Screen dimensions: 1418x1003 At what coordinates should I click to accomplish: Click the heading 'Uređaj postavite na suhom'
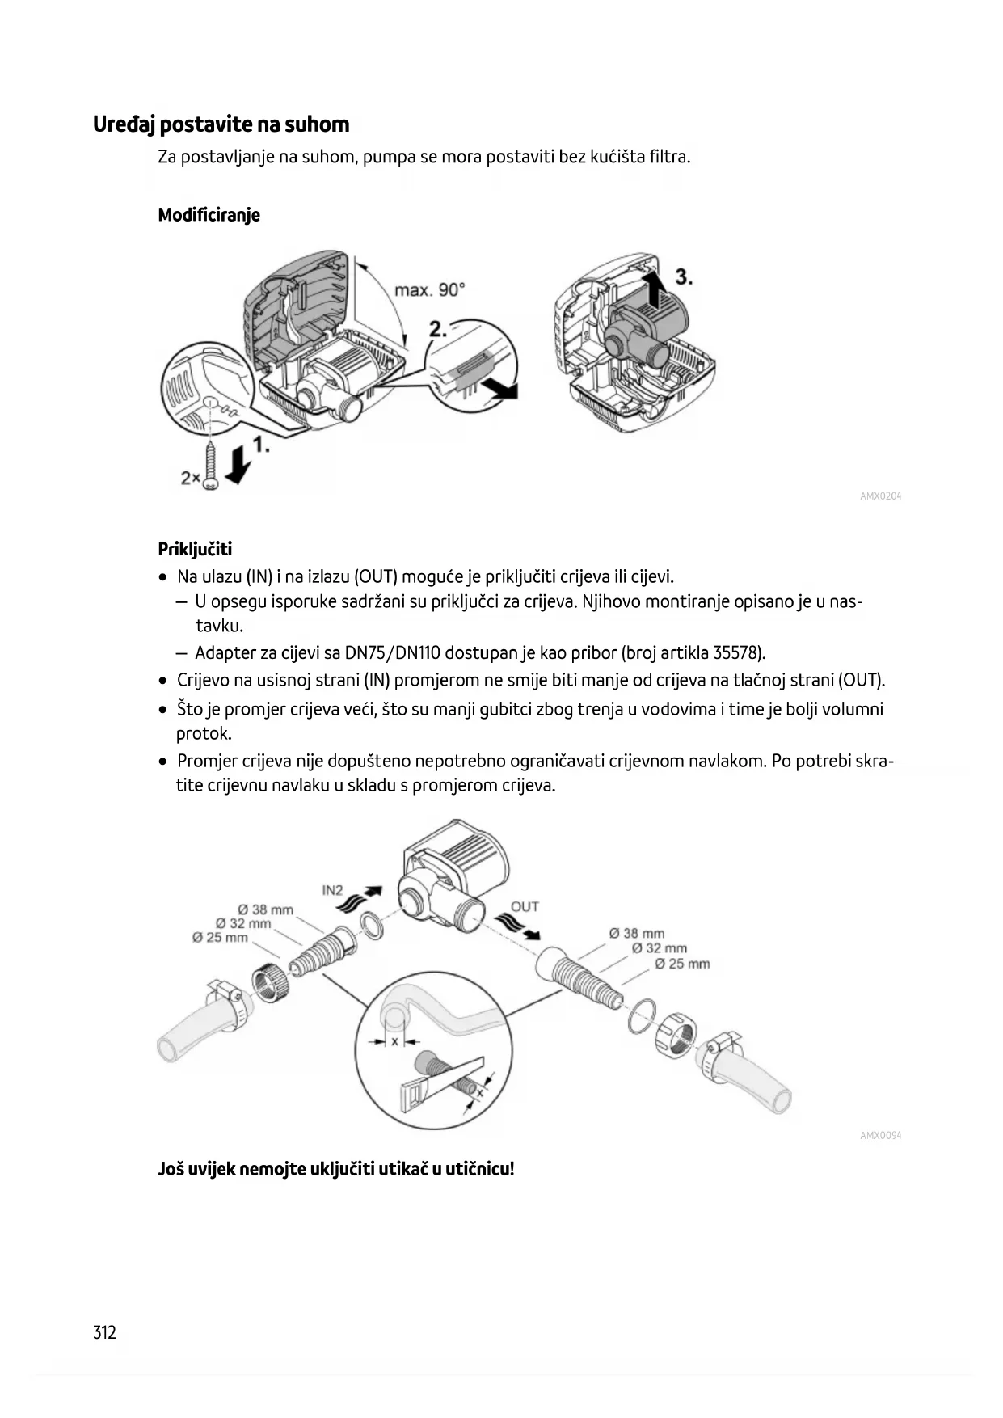click(x=221, y=124)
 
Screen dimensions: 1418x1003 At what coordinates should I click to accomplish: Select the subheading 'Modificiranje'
click(x=209, y=215)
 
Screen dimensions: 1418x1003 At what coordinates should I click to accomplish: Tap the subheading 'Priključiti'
click(x=195, y=550)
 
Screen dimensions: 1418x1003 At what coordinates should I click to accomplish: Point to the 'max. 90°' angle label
click(x=429, y=289)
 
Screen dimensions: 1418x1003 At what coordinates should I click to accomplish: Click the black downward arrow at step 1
click(x=238, y=466)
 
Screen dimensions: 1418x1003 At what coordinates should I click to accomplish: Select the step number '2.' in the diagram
click(x=438, y=328)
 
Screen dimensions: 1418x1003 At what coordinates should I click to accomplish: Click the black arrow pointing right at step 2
click(x=504, y=390)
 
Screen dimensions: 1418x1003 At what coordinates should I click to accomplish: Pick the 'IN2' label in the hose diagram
click(x=332, y=890)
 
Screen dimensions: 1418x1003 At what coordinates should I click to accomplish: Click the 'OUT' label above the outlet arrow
click(x=525, y=906)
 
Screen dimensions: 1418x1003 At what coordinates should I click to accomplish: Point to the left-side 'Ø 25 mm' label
click(x=220, y=937)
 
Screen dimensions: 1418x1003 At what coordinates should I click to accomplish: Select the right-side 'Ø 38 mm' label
click(x=637, y=933)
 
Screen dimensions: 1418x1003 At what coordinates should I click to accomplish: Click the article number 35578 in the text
click(x=736, y=652)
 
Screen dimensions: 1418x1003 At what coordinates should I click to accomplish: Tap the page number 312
click(x=105, y=1332)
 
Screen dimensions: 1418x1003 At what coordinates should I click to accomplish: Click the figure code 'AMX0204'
click(x=880, y=496)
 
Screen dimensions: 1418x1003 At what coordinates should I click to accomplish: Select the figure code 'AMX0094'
click(x=880, y=1135)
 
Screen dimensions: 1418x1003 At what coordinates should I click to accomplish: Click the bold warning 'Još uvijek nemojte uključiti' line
click(x=335, y=1168)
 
